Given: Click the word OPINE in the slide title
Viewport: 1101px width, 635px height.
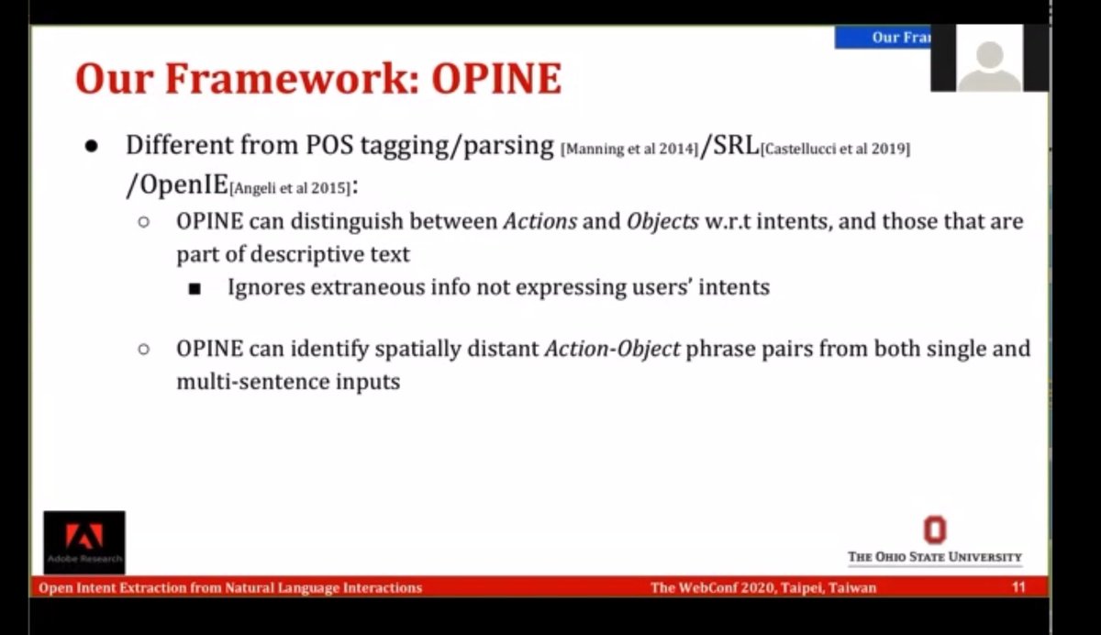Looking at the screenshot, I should [x=496, y=79].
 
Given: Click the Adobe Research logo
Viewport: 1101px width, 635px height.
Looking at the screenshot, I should [x=83, y=542].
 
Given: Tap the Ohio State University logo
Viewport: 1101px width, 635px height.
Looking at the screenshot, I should [x=934, y=540].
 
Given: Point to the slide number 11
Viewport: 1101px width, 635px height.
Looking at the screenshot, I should [x=1018, y=587].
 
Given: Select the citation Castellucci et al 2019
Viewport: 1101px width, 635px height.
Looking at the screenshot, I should [x=835, y=150].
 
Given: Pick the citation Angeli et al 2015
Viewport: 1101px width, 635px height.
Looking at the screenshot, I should [x=290, y=188].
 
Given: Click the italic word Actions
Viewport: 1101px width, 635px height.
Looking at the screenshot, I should [x=540, y=221].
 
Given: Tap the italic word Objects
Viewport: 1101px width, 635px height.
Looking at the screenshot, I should [x=662, y=221].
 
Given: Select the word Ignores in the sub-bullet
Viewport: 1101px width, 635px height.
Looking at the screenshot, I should [x=266, y=286].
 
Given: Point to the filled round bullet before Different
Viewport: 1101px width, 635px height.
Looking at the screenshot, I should [x=91, y=147].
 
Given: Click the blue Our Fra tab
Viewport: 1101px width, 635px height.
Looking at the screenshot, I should [x=883, y=37].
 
